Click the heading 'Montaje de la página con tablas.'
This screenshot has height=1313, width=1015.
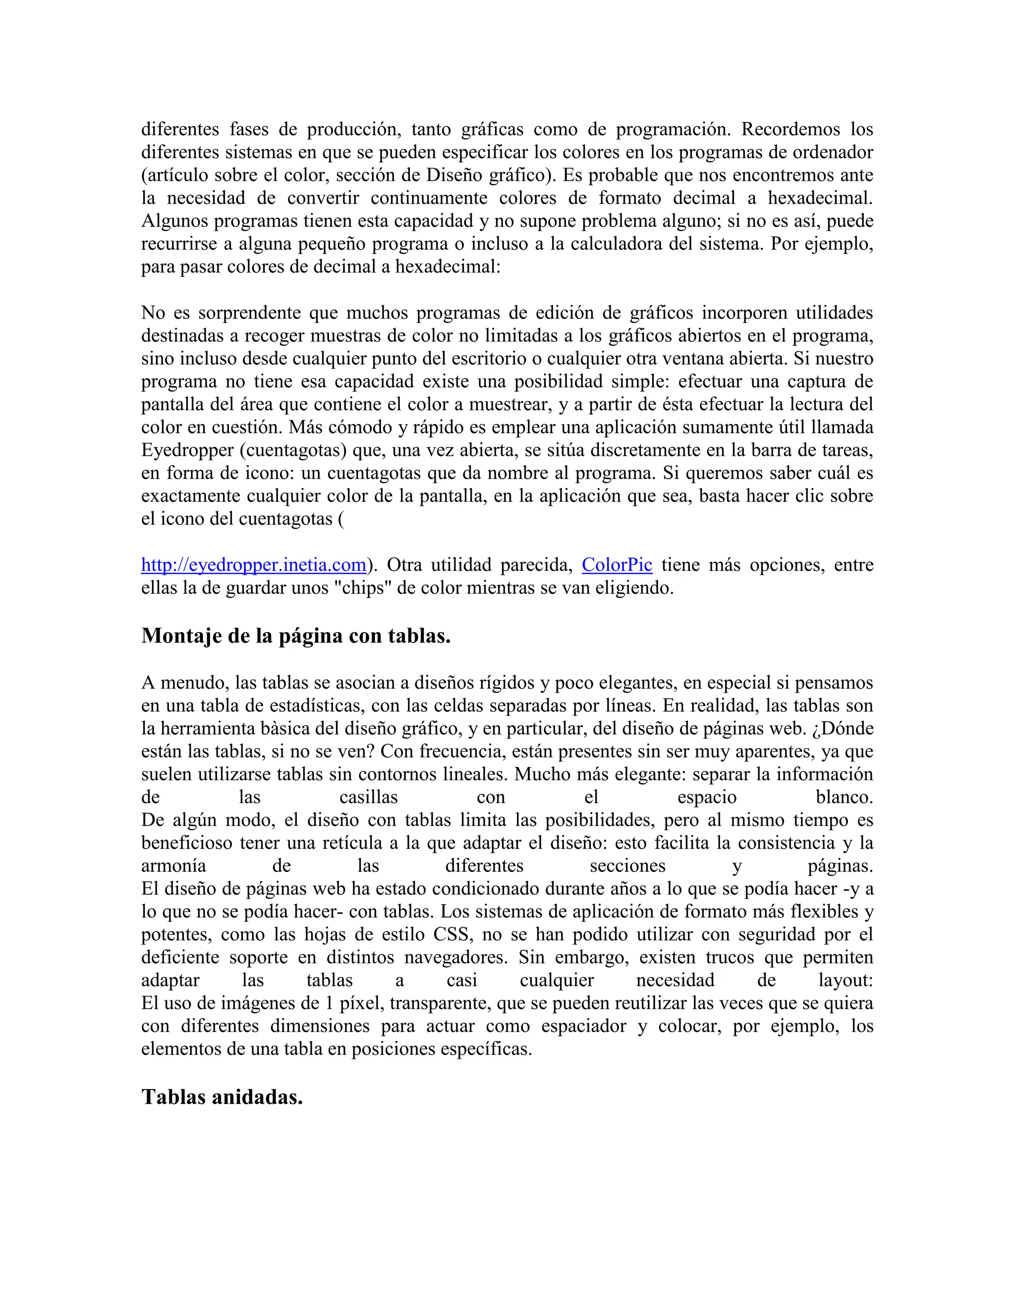click(296, 636)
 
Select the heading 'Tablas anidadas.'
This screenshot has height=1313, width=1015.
click(222, 1097)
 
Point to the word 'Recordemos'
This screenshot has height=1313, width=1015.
click(790, 129)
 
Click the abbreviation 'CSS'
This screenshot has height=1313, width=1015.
click(451, 935)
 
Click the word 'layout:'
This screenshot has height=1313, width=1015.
click(846, 981)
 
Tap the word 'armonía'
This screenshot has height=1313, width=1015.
click(174, 866)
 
